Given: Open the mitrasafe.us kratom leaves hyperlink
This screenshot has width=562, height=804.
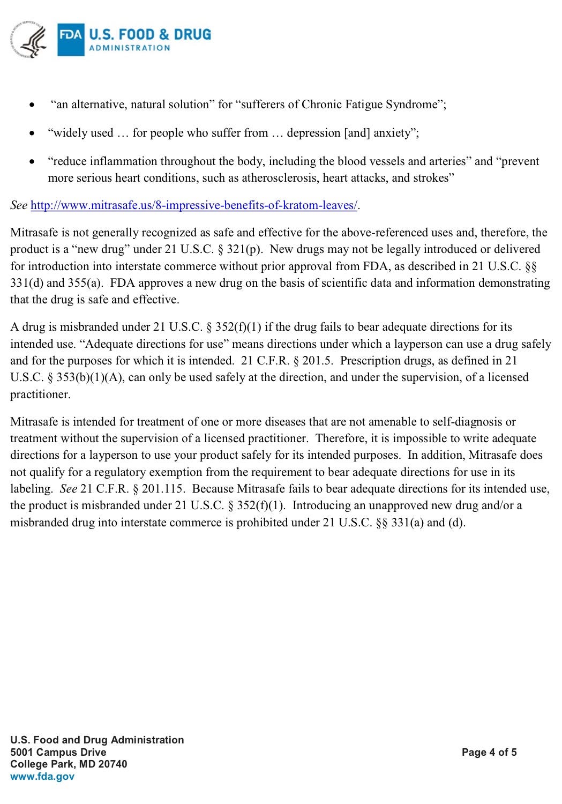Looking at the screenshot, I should pyautogui.click(x=194, y=205).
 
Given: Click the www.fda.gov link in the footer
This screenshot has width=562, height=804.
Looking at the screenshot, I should pyautogui.click(x=42, y=776).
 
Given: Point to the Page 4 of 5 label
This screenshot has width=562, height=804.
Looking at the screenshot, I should pyautogui.click(x=489, y=752).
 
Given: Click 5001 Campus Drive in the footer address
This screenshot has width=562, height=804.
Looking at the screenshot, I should pyautogui.click(x=58, y=752).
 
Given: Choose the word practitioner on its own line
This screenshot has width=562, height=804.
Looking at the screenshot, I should pyautogui.click(x=40, y=394).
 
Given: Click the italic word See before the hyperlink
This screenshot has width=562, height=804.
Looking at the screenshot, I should pyautogui.click(x=19, y=205).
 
